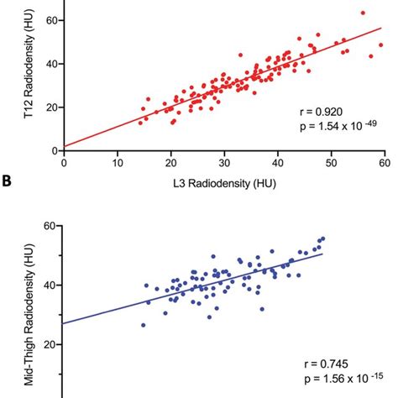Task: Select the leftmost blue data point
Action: click(x=143, y=325)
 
